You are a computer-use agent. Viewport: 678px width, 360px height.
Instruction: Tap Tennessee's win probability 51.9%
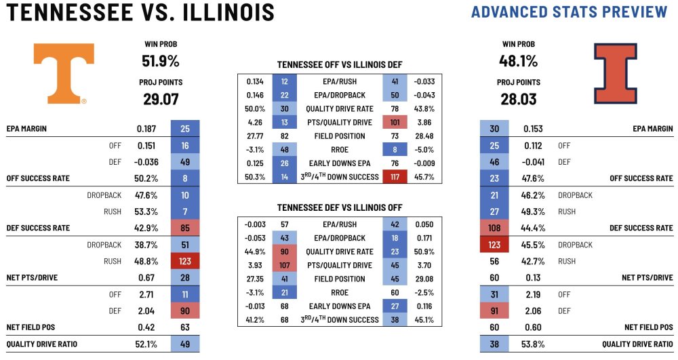coord(160,61)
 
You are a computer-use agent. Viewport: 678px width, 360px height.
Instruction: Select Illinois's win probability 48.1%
coord(518,61)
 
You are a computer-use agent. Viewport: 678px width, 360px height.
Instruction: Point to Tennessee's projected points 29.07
coord(160,99)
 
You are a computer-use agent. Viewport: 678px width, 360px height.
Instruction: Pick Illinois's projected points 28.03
coord(518,99)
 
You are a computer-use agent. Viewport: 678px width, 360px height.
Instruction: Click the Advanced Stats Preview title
coord(569,12)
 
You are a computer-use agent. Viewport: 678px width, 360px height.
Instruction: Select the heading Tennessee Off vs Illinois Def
coord(340,65)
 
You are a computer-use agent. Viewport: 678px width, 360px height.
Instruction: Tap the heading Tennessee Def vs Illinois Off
coord(340,207)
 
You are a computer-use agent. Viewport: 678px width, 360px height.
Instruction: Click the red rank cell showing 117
coord(394,177)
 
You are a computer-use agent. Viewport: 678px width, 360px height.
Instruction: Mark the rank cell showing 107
coord(284,265)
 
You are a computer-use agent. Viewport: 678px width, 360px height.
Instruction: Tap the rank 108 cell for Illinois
coord(494,228)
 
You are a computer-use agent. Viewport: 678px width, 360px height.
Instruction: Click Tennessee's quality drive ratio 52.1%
coord(146,344)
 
